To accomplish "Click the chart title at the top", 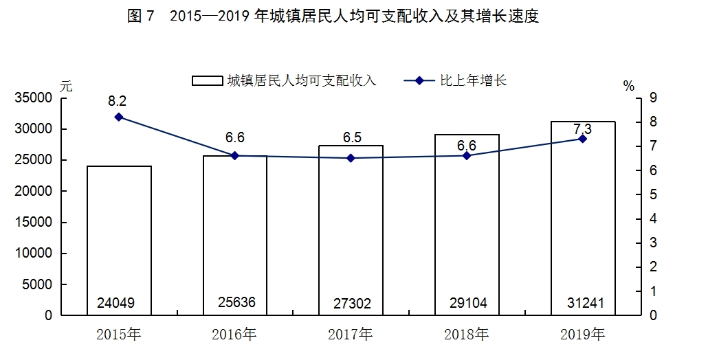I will [x=333, y=17].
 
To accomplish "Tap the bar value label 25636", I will [x=234, y=302].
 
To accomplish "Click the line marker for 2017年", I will [x=351, y=158].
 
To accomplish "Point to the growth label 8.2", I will [x=118, y=101].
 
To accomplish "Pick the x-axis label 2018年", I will [x=467, y=335].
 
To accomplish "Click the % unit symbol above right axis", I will [x=628, y=86].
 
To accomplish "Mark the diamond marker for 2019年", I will [x=582, y=139].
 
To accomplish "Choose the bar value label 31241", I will [x=582, y=303].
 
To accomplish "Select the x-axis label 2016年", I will [x=234, y=335].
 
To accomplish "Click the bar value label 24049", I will [x=119, y=303].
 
